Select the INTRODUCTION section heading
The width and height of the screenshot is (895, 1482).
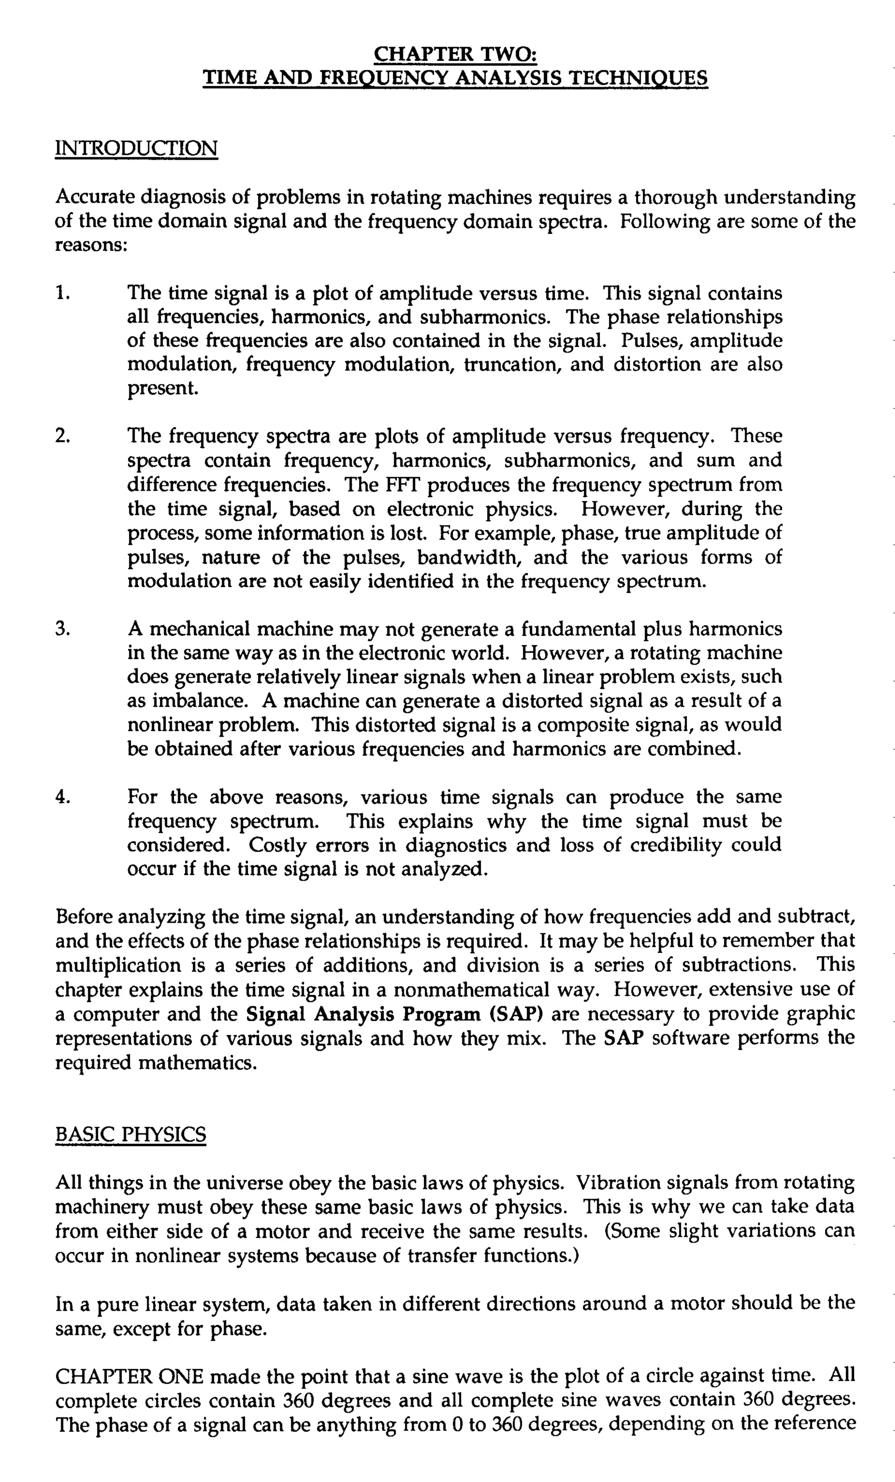pos(136,148)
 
